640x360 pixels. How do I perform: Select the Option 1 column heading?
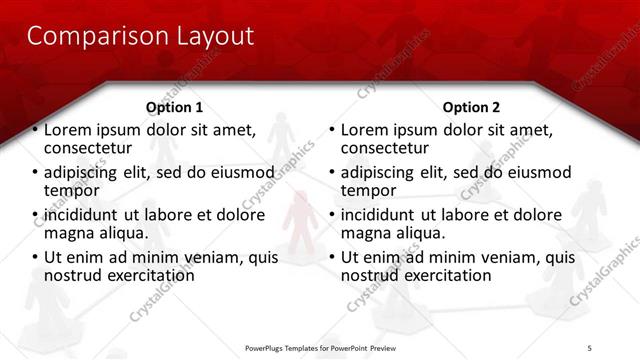tap(174, 107)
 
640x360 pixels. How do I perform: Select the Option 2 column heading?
tap(472, 107)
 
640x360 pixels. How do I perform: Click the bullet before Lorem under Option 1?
tap(35, 130)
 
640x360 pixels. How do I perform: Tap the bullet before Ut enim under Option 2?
tap(332, 257)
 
